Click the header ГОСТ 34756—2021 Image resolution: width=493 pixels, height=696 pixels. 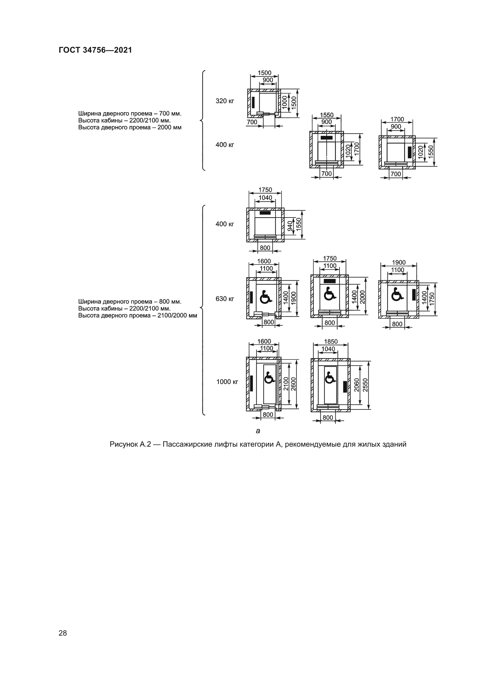coord(95,50)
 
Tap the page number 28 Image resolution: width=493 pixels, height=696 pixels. coord(63,633)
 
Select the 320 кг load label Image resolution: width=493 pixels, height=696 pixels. coord(225,101)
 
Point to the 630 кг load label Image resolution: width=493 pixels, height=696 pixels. coord(225,299)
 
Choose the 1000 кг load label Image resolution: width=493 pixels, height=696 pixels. coord(227,382)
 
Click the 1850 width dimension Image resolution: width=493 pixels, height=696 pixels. coord(331,342)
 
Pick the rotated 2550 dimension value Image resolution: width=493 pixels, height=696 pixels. coord(365,385)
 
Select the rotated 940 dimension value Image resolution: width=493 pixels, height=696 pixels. coord(290,226)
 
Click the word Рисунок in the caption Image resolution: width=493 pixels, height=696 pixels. coord(123,445)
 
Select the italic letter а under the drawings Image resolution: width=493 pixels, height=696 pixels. coord(258,431)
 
